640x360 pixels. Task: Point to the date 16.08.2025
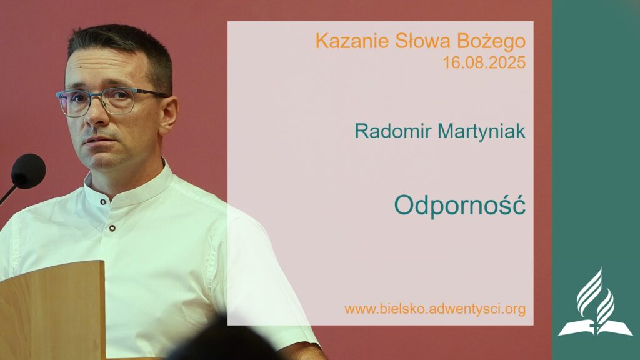[484, 62]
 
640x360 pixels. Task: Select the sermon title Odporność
[459, 205]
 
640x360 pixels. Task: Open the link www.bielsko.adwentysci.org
[434, 309]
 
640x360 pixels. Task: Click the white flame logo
[594, 303]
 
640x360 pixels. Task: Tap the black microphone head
[28, 171]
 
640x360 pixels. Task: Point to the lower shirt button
[112, 229]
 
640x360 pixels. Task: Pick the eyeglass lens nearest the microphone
[73, 103]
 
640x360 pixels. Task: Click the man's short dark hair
[125, 44]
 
